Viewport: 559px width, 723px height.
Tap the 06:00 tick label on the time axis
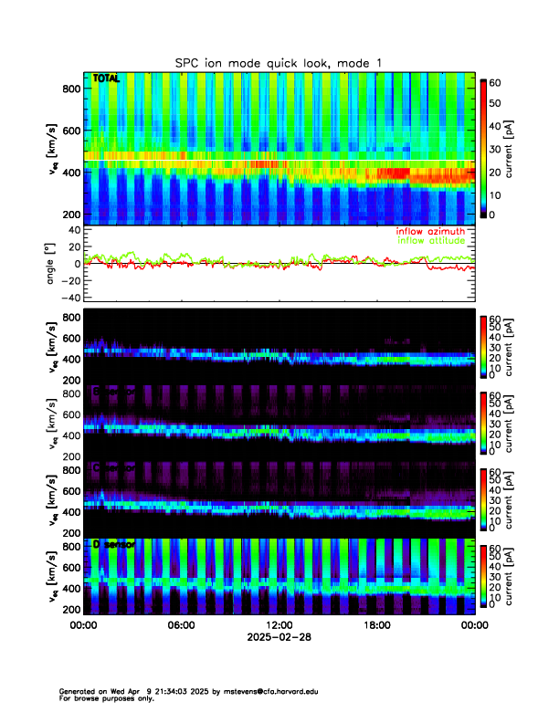coord(181,625)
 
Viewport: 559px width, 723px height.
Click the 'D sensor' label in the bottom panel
coord(114,544)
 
